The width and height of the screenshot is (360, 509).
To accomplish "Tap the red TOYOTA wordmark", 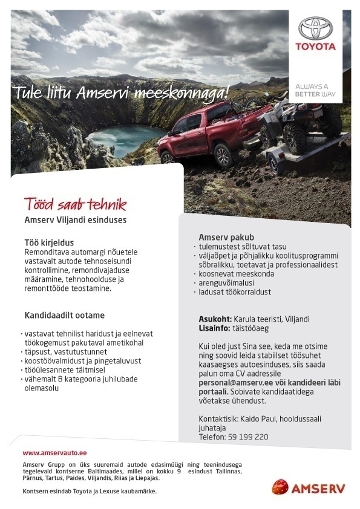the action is [315, 47].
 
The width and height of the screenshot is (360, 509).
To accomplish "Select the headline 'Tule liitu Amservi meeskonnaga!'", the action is [122, 93].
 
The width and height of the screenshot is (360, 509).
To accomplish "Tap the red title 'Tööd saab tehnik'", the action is [75, 203].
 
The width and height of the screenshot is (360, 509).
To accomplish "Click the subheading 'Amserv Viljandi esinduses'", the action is [75, 220].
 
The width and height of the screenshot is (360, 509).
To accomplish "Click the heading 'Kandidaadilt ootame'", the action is [65, 315].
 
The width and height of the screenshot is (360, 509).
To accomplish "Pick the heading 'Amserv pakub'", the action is [226, 236].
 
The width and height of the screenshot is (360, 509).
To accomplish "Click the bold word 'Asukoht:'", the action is [215, 319].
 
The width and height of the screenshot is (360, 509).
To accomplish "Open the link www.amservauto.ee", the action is [55, 452].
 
